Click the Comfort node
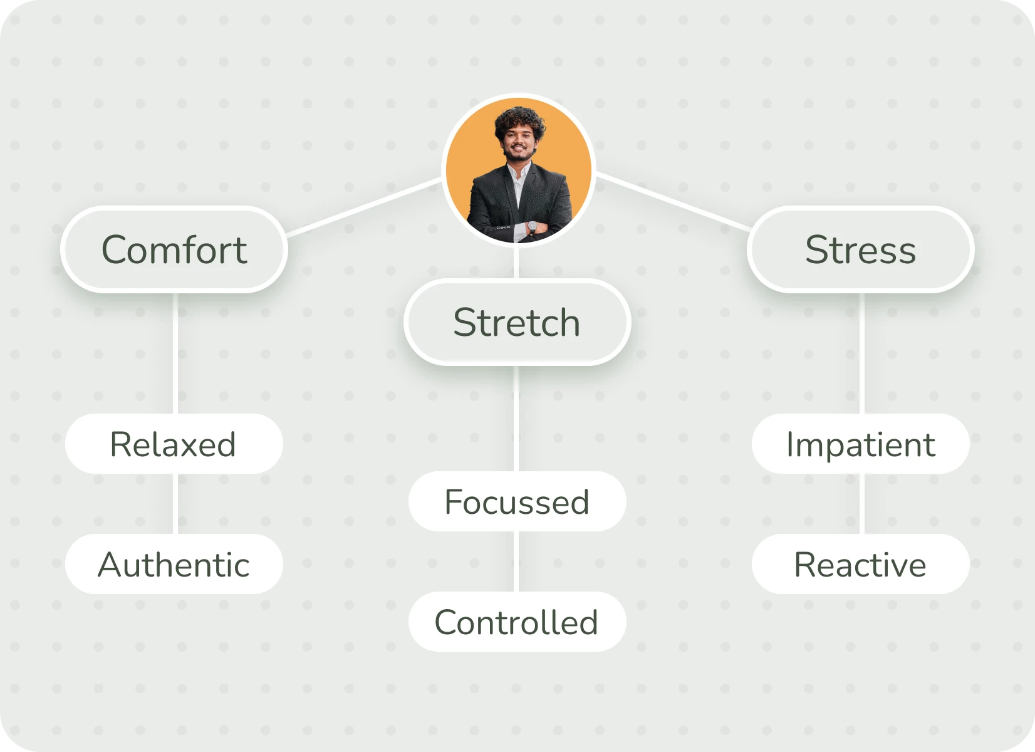coord(174,249)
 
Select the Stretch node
coord(517,322)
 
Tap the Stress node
coord(860,249)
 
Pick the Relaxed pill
coord(174,444)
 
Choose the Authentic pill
coord(174,564)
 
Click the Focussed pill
coord(517,501)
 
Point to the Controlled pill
coord(517,622)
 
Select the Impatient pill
coord(860,444)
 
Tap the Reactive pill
coord(860,564)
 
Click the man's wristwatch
coord(532,227)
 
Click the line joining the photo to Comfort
coord(363,207)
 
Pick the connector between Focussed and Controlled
coord(516,561)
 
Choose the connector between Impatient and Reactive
coord(861,504)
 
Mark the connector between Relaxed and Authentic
coord(175,504)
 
